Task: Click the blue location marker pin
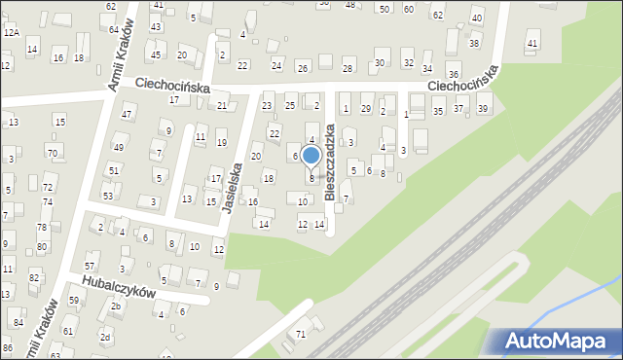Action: point(311,156)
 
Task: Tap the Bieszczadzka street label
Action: point(331,161)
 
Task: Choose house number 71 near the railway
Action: point(301,334)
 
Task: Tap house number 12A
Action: point(11,32)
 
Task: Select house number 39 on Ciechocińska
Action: point(483,109)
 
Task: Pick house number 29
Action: point(366,108)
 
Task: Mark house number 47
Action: point(126,115)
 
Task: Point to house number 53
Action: point(108,196)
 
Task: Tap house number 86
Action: point(8,347)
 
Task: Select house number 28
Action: point(348,67)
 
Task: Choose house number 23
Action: point(266,105)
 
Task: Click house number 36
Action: point(453,75)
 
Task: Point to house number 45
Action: point(156,54)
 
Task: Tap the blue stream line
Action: point(574,298)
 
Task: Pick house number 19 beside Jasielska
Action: point(221,143)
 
